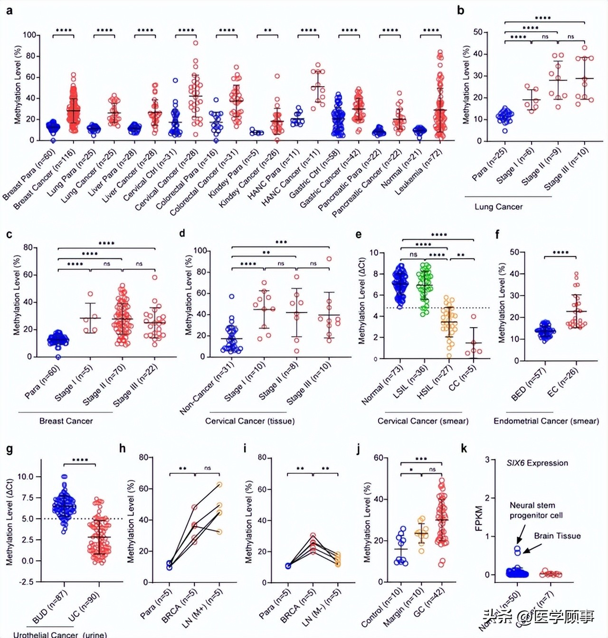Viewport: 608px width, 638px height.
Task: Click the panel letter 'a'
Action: click(x=9, y=10)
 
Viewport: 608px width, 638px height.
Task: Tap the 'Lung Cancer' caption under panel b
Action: click(x=498, y=206)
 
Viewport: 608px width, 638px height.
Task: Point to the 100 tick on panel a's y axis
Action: click(x=29, y=35)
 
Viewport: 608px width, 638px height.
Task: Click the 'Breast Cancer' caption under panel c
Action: click(x=66, y=421)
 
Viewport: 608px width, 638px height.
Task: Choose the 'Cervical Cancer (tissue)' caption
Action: click(x=250, y=421)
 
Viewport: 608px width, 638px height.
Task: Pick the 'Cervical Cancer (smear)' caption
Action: click(x=423, y=421)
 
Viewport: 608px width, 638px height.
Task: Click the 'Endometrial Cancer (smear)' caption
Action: click(x=546, y=421)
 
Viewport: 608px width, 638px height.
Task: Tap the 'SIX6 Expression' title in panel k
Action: click(x=537, y=463)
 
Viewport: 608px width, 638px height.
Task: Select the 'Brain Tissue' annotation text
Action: click(x=557, y=536)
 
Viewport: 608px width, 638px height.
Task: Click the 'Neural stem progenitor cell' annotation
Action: click(x=536, y=510)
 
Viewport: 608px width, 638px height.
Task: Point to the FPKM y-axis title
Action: click(x=478, y=518)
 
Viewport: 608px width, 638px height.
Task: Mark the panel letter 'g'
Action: click(x=9, y=450)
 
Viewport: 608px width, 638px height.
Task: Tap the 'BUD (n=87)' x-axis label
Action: click(x=50, y=606)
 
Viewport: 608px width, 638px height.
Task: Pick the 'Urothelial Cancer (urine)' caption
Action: click(x=60, y=634)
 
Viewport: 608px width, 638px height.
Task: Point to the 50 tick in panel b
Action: click(x=477, y=32)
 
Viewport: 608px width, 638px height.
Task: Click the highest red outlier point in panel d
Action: click(x=329, y=259)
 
